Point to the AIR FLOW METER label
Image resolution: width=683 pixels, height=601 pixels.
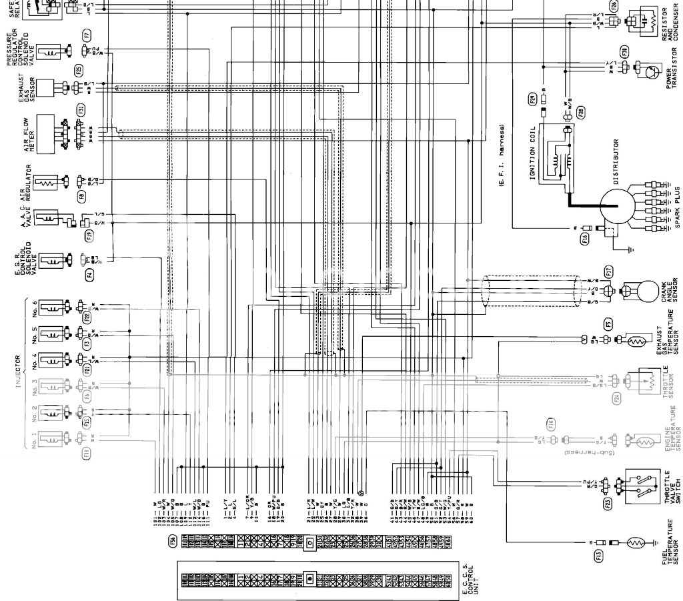24,130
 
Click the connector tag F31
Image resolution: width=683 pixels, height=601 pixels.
81,110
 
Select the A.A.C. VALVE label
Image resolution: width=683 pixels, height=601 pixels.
24,217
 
